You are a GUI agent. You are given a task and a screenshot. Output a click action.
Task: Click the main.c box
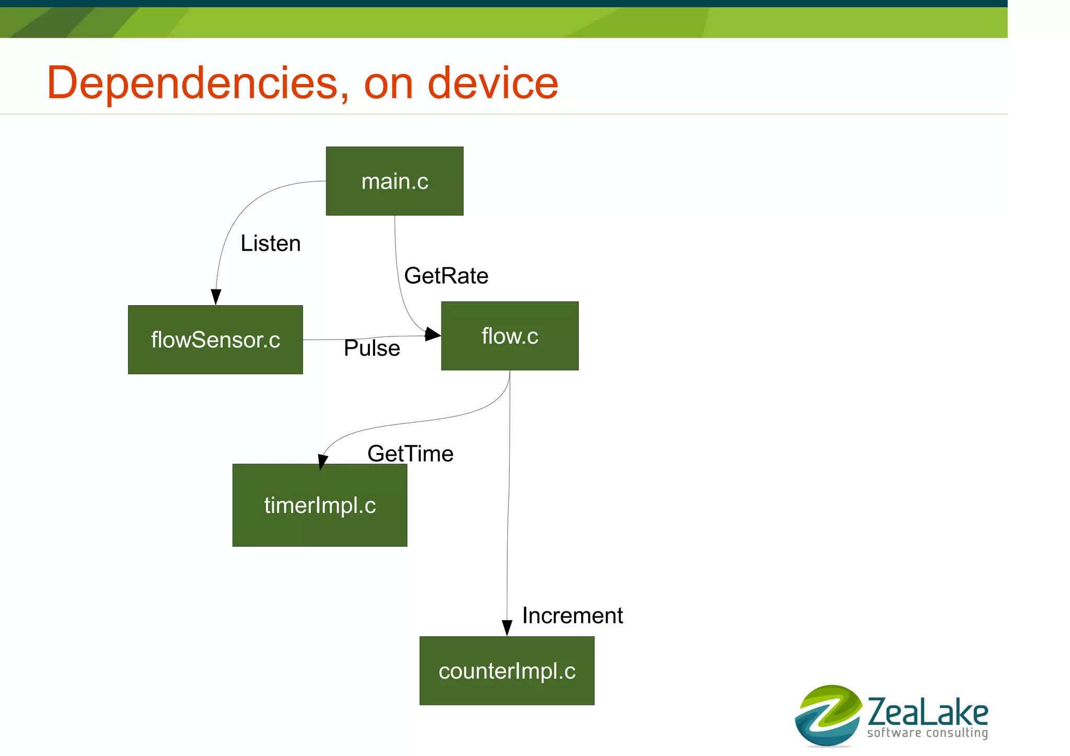pos(394,181)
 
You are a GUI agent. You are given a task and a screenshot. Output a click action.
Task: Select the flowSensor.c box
pos(215,340)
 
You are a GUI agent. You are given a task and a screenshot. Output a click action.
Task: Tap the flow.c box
pos(509,336)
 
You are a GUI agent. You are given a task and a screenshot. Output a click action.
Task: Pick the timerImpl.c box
pos(320,505)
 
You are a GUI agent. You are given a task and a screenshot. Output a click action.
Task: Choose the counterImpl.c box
pos(507,671)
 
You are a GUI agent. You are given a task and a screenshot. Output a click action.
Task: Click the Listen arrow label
pos(271,243)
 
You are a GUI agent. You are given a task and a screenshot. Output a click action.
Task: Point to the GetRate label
pos(446,276)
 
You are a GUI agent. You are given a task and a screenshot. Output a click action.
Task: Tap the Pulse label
pos(372,348)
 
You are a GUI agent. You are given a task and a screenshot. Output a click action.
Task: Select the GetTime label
pos(410,453)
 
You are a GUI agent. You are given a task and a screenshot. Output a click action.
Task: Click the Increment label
pos(573,615)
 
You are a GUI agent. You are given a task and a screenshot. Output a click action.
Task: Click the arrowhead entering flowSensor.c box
pos(216,297)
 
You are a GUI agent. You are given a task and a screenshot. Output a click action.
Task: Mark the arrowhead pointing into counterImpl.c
pos(507,628)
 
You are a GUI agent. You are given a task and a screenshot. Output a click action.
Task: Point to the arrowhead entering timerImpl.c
pos(322,462)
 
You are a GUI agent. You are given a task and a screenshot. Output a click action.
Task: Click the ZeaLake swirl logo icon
pos(828,715)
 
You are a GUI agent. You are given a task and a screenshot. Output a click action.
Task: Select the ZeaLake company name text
pos(928,712)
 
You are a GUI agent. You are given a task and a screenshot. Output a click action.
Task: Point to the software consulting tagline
pos(927,732)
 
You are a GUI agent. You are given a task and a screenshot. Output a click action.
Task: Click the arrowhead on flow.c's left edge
pos(433,334)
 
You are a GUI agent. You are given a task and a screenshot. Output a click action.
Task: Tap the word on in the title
pos(388,84)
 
